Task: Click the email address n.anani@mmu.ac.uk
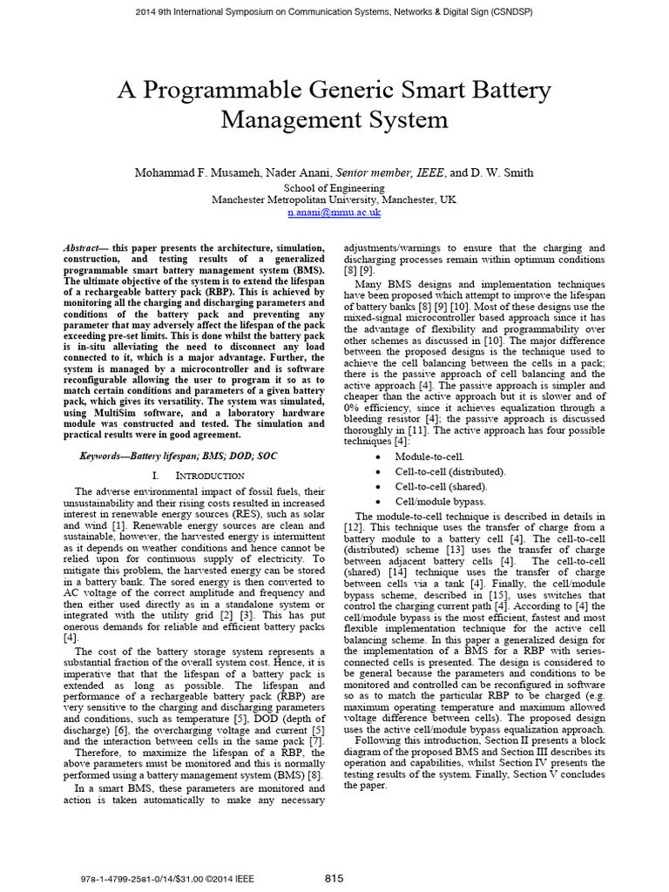[x=334, y=212]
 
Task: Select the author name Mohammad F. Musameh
[x=192, y=173]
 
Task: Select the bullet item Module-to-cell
[x=429, y=456]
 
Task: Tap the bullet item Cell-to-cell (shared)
[x=441, y=486]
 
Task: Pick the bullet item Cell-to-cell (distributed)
[x=449, y=471]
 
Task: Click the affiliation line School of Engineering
[x=334, y=186]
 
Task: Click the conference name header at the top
[x=334, y=12]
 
